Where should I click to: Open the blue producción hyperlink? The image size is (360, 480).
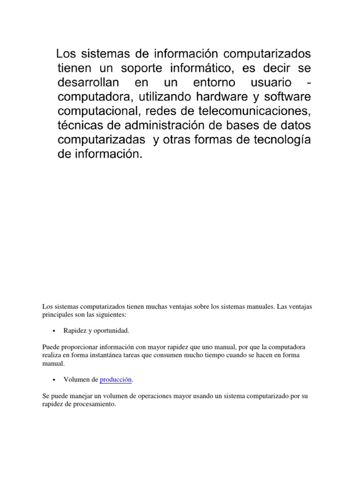116,380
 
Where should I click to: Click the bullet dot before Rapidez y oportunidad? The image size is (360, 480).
54,331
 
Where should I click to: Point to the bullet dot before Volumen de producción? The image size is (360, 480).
54,380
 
